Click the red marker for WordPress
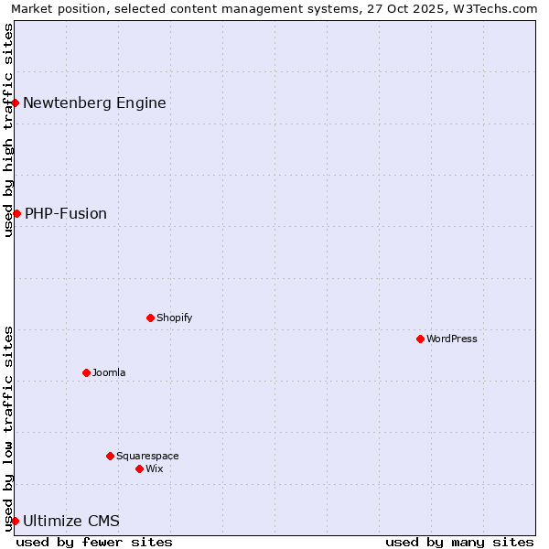point(420,339)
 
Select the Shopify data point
point(150,318)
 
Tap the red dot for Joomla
point(86,372)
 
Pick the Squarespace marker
point(110,456)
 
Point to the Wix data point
point(139,468)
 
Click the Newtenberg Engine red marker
point(16,102)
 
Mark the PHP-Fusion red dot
point(16,213)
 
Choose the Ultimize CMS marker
point(16,521)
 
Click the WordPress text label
point(452,339)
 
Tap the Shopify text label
point(174,318)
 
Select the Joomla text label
point(109,372)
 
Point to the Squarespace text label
point(147,456)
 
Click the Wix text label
point(155,468)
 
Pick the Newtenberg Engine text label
point(94,102)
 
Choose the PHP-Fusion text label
point(66,213)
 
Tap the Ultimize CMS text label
point(71,521)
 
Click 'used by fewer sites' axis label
point(94,542)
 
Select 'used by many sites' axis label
point(459,542)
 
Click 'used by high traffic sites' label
point(8,131)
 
